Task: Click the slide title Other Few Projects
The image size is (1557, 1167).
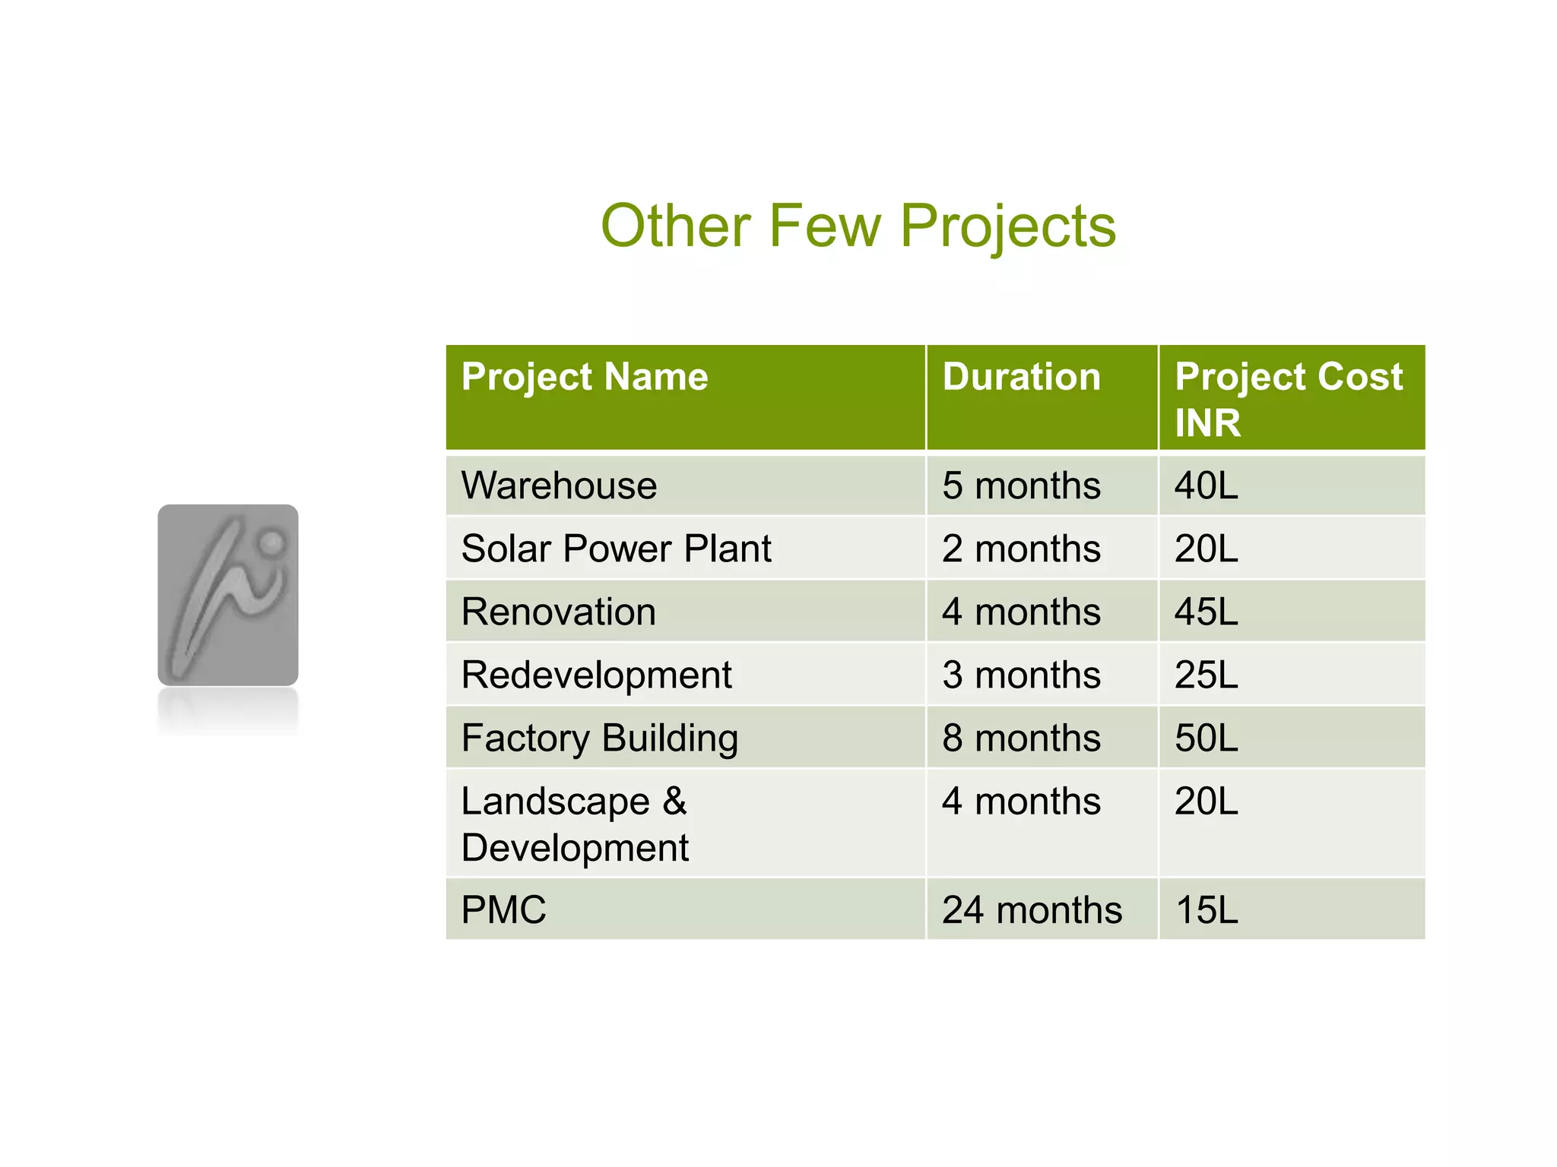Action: [858, 226]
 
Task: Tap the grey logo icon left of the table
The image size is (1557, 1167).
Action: [227, 595]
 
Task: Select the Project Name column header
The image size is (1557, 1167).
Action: [584, 377]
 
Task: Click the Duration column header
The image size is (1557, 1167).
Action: [1021, 377]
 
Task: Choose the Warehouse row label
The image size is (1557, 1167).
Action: [559, 485]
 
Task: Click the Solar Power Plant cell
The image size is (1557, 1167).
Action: [616, 549]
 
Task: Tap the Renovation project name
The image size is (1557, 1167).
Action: [559, 612]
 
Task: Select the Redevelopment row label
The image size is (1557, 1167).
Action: [596, 675]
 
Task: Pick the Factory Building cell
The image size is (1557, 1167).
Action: [600, 738]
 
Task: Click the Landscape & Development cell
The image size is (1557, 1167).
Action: [575, 824]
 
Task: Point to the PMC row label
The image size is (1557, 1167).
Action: [503, 909]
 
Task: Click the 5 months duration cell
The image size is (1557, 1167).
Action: [1021, 485]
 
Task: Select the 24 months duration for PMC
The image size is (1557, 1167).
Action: [1032, 909]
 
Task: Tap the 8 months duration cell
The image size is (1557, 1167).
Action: [1021, 738]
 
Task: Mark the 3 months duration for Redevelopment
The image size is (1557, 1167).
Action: [1021, 675]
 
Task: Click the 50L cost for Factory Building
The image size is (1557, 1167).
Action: [1207, 738]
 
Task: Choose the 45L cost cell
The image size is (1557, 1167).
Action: [1207, 612]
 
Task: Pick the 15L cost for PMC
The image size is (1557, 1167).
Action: [1207, 909]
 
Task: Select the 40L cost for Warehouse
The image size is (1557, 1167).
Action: [1207, 485]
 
